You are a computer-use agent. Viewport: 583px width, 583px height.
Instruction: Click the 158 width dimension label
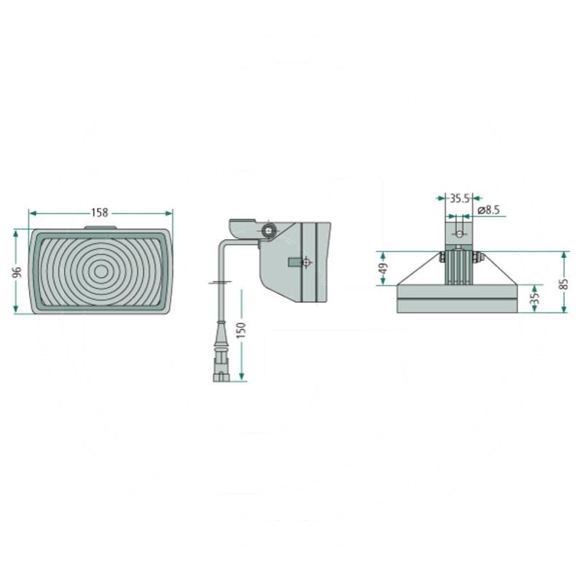pyautogui.click(x=100, y=213)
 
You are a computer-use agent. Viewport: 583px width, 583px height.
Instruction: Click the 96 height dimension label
pyautogui.click(x=17, y=272)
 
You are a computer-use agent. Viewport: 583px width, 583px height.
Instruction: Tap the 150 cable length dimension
pyautogui.click(x=241, y=330)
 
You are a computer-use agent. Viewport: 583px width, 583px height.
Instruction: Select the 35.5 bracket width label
pyautogui.click(x=460, y=198)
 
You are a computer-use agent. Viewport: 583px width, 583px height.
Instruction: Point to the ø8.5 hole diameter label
pyautogui.click(x=488, y=210)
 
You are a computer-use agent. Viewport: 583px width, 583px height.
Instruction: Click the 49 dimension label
pyautogui.click(x=383, y=268)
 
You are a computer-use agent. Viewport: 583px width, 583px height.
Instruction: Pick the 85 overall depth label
pyautogui.click(x=564, y=284)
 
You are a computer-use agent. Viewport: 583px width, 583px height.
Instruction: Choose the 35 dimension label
pyautogui.click(x=535, y=298)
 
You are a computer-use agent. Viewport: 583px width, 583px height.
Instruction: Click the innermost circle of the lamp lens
pyautogui.click(x=101, y=272)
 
